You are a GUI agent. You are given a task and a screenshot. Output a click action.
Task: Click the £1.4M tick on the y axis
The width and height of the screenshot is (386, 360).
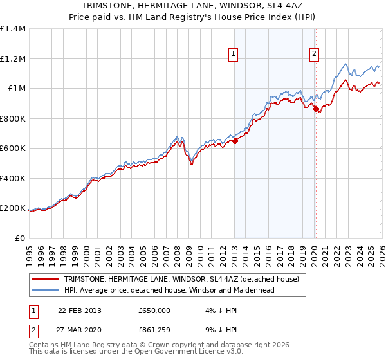pos(13,29)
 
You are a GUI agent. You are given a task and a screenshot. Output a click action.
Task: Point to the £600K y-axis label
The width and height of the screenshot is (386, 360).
pos(13,148)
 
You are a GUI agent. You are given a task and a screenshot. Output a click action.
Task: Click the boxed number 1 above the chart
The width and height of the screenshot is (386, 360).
pos(232,54)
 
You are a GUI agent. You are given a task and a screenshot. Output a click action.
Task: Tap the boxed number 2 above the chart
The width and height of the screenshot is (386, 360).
pos(314,54)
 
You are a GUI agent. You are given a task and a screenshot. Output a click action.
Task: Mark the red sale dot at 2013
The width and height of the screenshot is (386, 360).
pos(235,141)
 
